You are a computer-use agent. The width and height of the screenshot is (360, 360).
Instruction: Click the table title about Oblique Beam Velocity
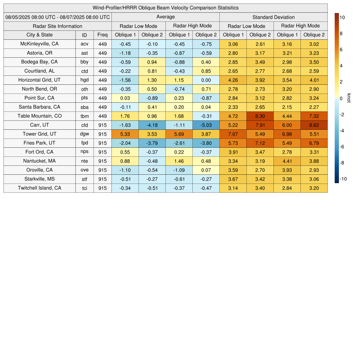pyautogui.click(x=166, y=8)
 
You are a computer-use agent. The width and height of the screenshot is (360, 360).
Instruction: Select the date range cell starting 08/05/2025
pyautogui.click(x=58, y=17)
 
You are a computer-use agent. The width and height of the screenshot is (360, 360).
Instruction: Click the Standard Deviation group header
pyautogui.click(x=274, y=17)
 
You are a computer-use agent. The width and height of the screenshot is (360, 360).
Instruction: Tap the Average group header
pyautogui.click(x=166, y=17)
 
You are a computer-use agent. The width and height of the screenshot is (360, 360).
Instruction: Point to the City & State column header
pyautogui.click(x=40, y=35)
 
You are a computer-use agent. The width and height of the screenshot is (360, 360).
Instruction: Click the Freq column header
pyautogui.click(x=103, y=35)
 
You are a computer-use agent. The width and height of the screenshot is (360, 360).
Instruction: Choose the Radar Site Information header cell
pyautogui.click(x=58, y=26)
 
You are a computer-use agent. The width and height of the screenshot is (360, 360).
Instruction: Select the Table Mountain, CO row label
pyautogui.click(x=40, y=116)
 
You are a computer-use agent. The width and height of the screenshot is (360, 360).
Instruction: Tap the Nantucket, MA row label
pyautogui.click(x=40, y=161)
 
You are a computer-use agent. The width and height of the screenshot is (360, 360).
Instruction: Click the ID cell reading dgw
pyautogui.click(x=85, y=134)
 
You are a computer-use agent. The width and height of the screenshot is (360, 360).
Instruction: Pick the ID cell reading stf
pyautogui.click(x=85, y=179)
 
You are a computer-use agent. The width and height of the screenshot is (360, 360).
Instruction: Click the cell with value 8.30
pyautogui.click(x=260, y=116)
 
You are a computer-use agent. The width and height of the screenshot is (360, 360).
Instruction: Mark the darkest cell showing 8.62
pyautogui.click(x=314, y=125)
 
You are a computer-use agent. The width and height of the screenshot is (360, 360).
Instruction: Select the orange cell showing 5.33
pyautogui.click(x=125, y=134)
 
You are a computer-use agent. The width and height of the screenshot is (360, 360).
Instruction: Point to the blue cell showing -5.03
pyautogui.click(x=206, y=125)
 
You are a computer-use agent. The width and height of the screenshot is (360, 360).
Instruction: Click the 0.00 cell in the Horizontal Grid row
pyautogui.click(x=206, y=80)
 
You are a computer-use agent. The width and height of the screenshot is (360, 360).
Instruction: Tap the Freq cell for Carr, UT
pyautogui.click(x=103, y=125)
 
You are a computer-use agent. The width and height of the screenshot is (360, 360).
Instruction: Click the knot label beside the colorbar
pyautogui.click(x=349, y=98)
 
